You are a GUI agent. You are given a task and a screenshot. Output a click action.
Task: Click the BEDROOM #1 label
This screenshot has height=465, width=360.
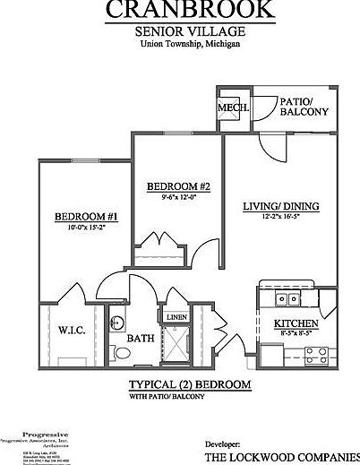(x=87, y=217)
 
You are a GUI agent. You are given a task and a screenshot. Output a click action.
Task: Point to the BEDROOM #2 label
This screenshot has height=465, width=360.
(x=178, y=186)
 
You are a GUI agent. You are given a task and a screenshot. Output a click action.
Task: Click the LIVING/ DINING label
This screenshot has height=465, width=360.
(x=281, y=206)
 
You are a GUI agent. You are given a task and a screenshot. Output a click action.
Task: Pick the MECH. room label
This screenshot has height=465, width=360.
(x=232, y=109)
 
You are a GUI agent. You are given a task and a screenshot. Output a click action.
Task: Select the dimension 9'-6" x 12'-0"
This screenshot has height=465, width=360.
(x=178, y=198)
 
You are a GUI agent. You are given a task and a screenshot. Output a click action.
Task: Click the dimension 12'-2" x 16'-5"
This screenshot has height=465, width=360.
(x=281, y=218)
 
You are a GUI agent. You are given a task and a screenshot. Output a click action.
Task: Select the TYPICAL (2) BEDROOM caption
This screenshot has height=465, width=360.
(x=184, y=385)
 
